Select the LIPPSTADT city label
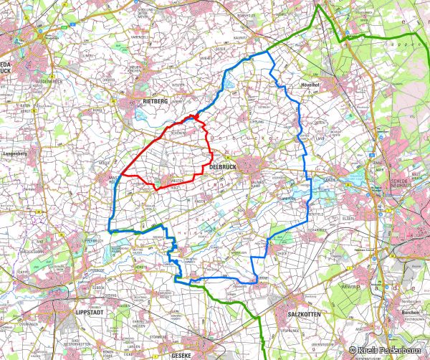coord(90,313)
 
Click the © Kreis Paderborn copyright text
coord(388,349)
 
